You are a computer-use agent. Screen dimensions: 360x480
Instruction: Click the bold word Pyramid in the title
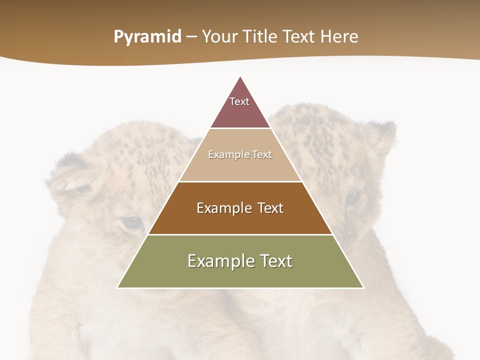[x=147, y=37]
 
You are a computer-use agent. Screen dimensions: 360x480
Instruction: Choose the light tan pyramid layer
[x=240, y=167]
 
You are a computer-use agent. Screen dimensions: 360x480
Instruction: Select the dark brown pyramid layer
[x=240, y=220]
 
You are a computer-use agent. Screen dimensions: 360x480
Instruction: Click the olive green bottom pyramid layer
[x=240, y=275]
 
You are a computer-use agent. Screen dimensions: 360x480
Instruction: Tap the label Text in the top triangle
[x=239, y=101]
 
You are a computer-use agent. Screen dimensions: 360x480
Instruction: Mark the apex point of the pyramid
[x=240, y=77]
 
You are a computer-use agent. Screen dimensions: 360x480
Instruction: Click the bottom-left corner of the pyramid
[x=118, y=287]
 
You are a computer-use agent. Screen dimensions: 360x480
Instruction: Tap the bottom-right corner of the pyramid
[x=363, y=287]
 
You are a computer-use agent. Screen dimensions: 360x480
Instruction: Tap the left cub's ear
[x=70, y=177]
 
